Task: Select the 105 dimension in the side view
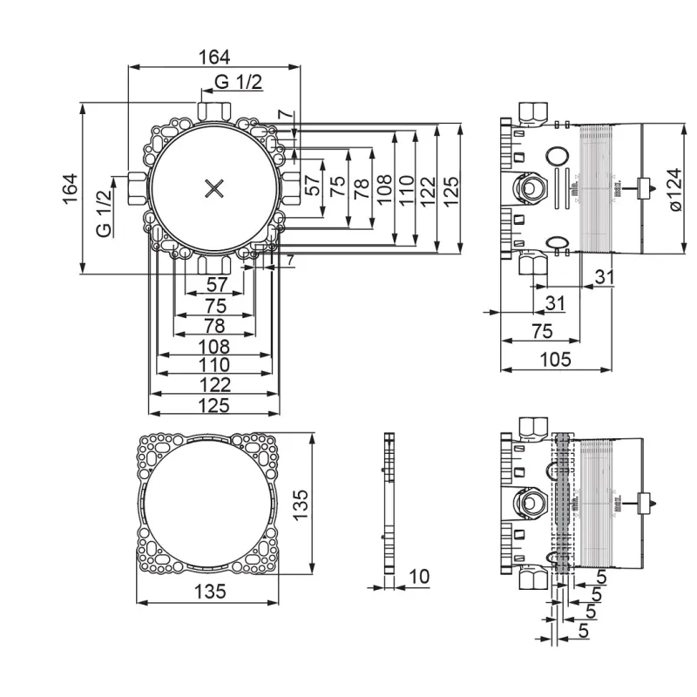click(x=554, y=358)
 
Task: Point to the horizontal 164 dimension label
click(x=213, y=58)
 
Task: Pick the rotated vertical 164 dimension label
click(x=71, y=189)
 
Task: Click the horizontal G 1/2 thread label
click(x=238, y=83)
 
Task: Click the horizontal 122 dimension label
click(x=213, y=384)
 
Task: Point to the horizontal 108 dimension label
click(x=213, y=345)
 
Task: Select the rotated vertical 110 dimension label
click(x=404, y=190)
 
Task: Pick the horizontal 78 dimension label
click(x=213, y=325)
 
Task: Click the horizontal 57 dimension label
click(x=218, y=284)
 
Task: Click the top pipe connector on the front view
click(x=214, y=111)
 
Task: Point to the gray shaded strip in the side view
click(x=564, y=505)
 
